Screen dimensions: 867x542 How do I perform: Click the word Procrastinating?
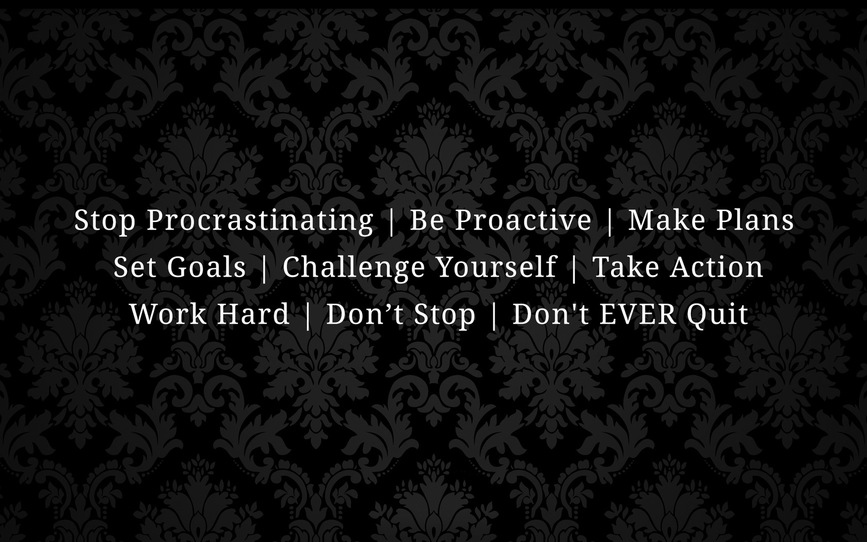click(x=260, y=221)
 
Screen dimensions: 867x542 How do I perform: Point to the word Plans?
click(x=754, y=219)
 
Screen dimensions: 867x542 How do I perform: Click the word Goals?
click(x=206, y=267)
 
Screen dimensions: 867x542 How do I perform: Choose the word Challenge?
click(x=354, y=268)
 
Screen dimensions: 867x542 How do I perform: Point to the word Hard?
click(x=253, y=314)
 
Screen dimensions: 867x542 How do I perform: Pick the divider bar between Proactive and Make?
click(x=610, y=221)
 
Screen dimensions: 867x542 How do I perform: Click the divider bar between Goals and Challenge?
click(x=264, y=268)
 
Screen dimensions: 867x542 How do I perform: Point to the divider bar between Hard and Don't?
click(x=308, y=315)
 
